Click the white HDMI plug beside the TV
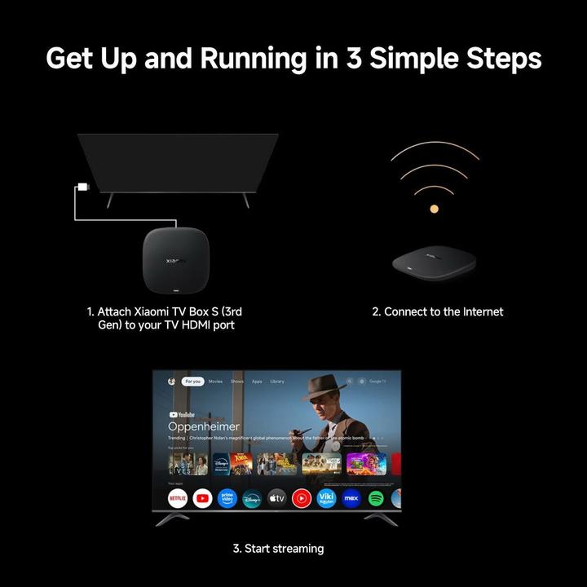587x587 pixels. click(x=82, y=188)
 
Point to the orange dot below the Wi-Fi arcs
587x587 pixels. click(x=434, y=210)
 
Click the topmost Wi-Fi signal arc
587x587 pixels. click(x=434, y=153)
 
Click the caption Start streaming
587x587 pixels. click(x=278, y=549)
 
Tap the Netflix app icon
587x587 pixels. click(x=178, y=497)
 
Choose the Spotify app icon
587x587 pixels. click(x=376, y=497)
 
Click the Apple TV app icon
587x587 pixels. click(x=276, y=497)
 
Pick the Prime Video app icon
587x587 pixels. click(x=227, y=497)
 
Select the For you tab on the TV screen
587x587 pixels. click(x=192, y=381)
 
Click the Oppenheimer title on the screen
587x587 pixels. click(x=204, y=426)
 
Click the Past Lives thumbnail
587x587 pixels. click(x=181, y=464)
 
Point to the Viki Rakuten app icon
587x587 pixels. click(x=326, y=497)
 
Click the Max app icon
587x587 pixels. click(x=351, y=497)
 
